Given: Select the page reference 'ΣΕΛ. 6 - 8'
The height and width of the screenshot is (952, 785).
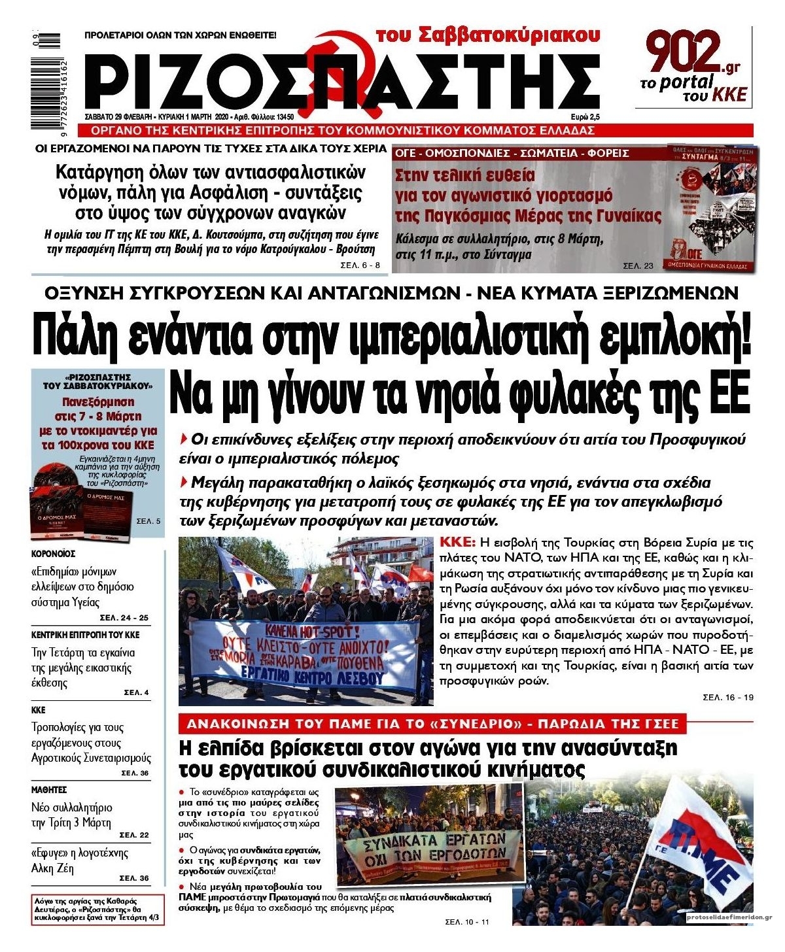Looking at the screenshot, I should (360, 265).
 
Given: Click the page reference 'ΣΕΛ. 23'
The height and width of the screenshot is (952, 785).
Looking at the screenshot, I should (638, 265).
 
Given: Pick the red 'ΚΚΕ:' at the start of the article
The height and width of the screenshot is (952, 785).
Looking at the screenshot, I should (458, 543).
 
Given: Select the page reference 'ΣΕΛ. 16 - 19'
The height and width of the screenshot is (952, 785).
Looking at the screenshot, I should (727, 697).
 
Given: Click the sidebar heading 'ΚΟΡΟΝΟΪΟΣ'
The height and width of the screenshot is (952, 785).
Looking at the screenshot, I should (53, 553).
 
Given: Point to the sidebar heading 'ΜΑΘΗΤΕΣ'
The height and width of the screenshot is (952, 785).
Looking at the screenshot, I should (49, 790).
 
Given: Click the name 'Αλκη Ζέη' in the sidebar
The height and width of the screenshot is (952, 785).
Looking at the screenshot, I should (53, 869).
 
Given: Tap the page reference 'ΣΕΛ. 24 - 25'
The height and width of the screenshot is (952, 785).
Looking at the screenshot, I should (124, 617).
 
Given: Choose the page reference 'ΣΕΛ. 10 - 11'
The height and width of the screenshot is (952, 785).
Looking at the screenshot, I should (466, 922).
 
